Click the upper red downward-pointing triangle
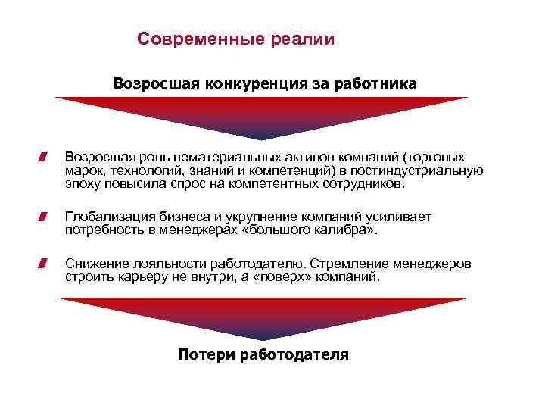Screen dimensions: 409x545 [262, 114]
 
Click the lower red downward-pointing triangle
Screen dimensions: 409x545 [262, 315]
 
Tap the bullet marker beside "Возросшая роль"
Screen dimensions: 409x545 [45, 157]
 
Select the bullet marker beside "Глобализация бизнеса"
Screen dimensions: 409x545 [45, 217]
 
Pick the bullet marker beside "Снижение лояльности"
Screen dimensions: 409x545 [45, 264]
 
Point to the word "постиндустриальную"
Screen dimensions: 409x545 [422, 170]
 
